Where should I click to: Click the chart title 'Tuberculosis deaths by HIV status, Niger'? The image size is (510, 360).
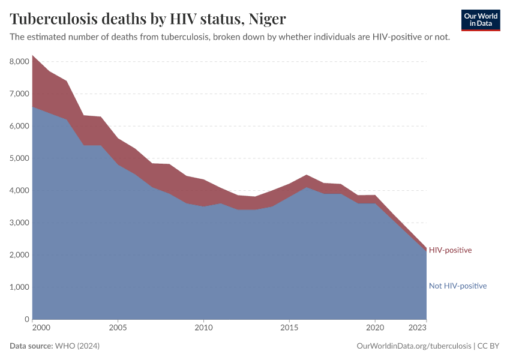148,19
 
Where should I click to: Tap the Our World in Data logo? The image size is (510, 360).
480,20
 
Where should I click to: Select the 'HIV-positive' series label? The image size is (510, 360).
450,250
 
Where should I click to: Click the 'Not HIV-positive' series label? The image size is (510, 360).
457,286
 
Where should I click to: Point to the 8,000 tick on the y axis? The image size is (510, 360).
19,62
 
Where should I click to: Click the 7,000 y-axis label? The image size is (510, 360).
19,94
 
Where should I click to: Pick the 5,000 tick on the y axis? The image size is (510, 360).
19,158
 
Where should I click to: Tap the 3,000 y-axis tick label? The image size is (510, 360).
19,223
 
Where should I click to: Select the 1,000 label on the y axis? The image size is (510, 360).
19,287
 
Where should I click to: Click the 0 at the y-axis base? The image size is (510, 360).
26,319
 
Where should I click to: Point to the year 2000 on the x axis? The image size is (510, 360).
40,328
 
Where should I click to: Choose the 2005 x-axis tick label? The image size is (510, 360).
118,328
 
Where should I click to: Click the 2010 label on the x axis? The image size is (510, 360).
203,328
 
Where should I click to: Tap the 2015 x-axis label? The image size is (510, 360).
289,328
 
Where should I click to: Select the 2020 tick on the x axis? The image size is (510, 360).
375,328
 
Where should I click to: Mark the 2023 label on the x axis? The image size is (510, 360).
418,328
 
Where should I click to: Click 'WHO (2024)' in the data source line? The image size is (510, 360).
77,346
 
